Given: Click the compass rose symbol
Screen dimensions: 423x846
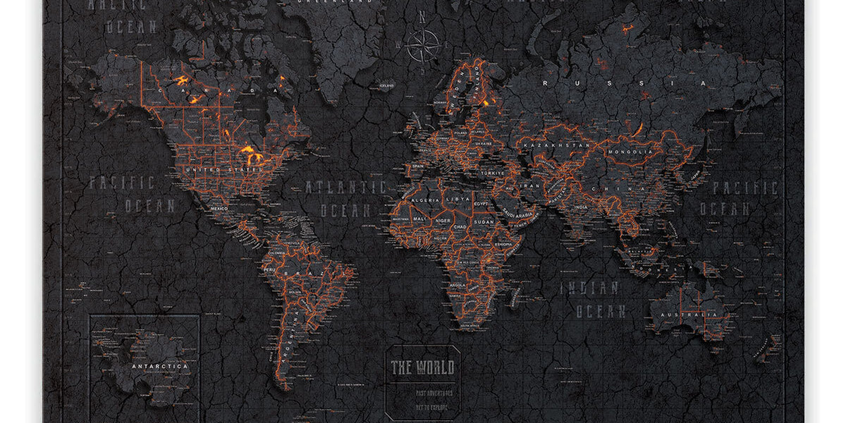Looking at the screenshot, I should click(422, 44).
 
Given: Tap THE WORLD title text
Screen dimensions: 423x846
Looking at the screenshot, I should click(423, 367).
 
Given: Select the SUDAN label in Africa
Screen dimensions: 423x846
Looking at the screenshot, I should click(483, 221).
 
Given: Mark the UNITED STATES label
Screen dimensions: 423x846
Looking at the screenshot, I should click(214, 170).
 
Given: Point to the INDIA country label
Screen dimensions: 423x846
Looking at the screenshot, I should click(580, 207).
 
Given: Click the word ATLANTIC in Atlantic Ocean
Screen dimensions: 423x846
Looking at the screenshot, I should click(345, 187).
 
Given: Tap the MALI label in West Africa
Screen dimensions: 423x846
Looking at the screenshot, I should click(419, 219).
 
